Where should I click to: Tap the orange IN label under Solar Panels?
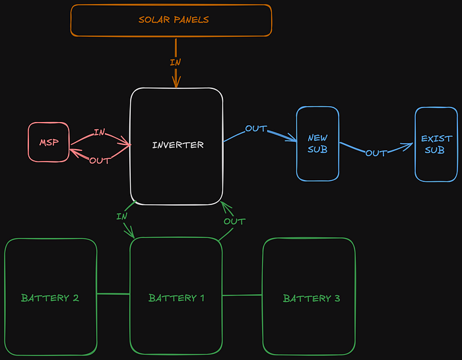pos(176,63)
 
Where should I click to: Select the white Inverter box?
pos(176,145)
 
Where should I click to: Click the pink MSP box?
pos(48,142)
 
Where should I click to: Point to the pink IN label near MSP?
pos(99,133)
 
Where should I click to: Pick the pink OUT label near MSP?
pos(100,160)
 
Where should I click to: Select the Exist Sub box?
pos(436,144)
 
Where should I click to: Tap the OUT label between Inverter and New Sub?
pos(255,129)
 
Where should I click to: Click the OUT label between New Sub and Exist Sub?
pos(376,153)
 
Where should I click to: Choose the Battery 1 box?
pos(176,297)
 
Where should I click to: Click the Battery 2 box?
pos(51,297)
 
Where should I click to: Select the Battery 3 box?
pos(310,297)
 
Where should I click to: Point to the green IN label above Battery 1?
pos(121,216)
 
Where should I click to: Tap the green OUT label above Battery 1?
pos(234,221)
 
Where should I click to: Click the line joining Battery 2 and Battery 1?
pos(114,294)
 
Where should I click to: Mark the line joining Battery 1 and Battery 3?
pos(242,295)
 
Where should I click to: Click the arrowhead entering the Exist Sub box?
pos(409,143)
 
